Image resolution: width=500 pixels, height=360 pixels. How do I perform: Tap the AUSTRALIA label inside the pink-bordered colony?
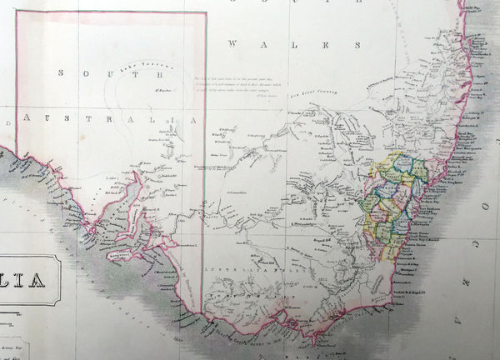coord(109,119)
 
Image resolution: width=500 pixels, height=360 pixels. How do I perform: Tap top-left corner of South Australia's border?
coord(17,12)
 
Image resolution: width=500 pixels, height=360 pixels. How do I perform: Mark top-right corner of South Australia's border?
coord(206,12)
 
